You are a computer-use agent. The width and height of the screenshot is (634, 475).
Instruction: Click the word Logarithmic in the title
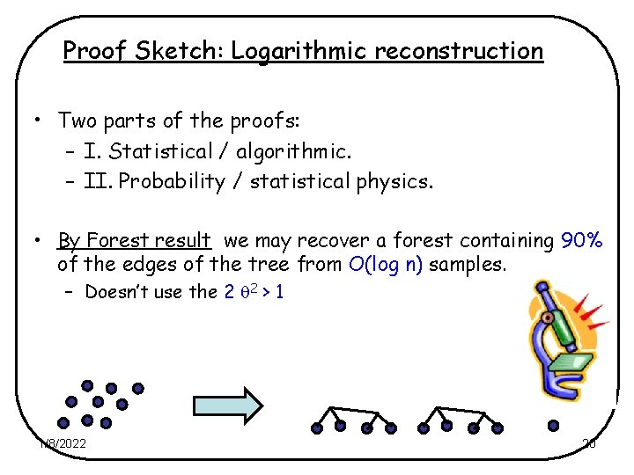pyautogui.click(x=299, y=51)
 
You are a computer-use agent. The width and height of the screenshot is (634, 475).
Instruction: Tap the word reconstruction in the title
pyautogui.click(x=459, y=51)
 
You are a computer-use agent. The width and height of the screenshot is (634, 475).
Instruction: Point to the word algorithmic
pyautogui.click(x=294, y=151)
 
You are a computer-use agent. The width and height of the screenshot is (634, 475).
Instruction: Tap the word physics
pyautogui.click(x=399, y=182)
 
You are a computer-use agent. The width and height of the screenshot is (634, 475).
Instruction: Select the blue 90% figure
pyautogui.click(x=581, y=240)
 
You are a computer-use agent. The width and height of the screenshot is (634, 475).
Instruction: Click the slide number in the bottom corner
pyautogui.click(x=589, y=443)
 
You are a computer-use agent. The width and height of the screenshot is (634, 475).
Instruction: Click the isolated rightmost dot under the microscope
pyautogui.click(x=553, y=425)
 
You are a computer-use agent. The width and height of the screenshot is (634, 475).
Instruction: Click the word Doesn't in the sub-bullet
pyautogui.click(x=117, y=293)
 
